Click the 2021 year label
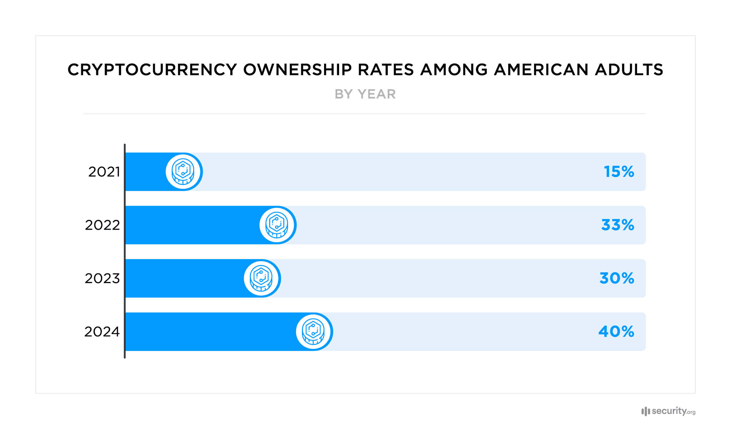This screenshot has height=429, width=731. (x=104, y=172)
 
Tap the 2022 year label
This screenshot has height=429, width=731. (x=102, y=225)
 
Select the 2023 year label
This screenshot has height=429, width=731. (x=102, y=278)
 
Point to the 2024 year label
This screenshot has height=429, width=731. (x=102, y=332)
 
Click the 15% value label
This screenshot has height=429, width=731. (x=619, y=172)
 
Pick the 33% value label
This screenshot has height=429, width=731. (x=617, y=225)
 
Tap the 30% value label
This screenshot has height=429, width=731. (x=616, y=278)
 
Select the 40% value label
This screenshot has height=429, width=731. (x=616, y=332)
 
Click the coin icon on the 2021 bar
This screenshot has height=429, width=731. (x=183, y=172)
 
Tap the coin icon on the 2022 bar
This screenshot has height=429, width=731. (x=277, y=225)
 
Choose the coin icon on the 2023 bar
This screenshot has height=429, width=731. (x=261, y=278)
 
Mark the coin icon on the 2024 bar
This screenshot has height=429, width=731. (x=313, y=332)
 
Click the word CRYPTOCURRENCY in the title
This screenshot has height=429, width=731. (x=152, y=70)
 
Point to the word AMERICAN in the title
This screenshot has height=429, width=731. (x=541, y=70)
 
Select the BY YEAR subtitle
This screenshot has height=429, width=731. (x=365, y=94)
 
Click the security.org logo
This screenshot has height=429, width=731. (x=668, y=411)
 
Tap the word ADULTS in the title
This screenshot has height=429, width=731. (x=629, y=70)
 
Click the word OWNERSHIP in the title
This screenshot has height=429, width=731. (x=297, y=70)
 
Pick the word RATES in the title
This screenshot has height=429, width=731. (x=385, y=70)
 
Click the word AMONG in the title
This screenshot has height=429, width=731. (x=454, y=70)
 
